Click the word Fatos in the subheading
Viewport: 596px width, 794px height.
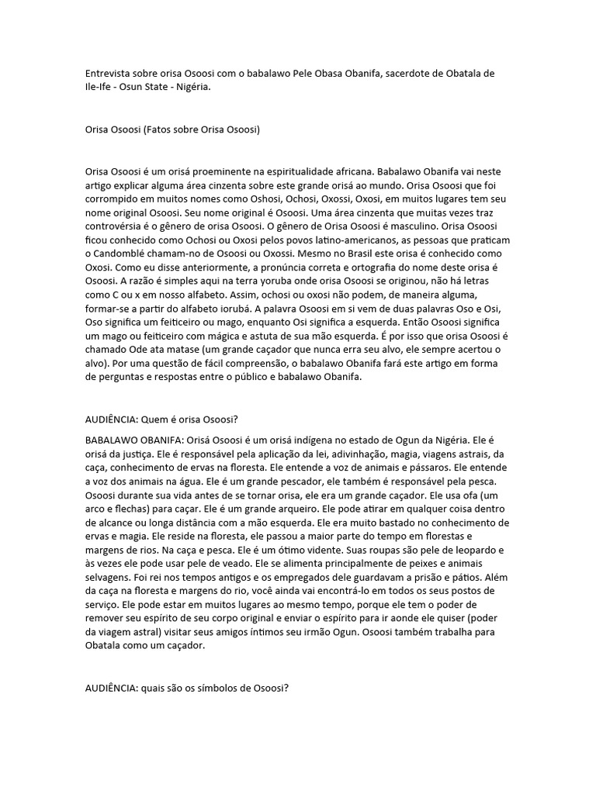click(x=162, y=129)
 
